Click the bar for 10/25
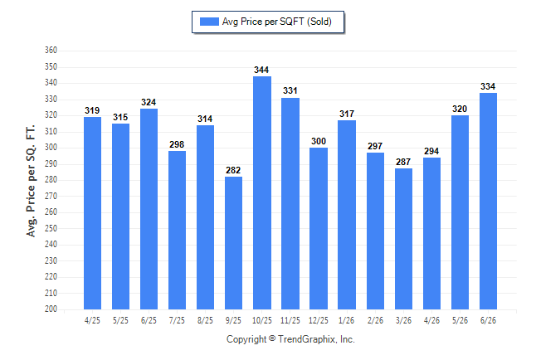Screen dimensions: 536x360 pyautogui.click(x=262, y=192)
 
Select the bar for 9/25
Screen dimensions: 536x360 pyautogui.click(x=233, y=243)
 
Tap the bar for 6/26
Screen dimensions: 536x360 pyautogui.click(x=488, y=201)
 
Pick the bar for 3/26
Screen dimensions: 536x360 pyautogui.click(x=403, y=239)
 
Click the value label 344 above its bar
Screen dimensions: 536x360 pyautogui.click(x=261, y=70)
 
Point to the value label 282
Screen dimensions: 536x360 pyautogui.click(x=233, y=170)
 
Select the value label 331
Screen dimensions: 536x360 pyautogui.click(x=290, y=90)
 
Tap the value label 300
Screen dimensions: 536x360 pyautogui.click(x=319, y=141)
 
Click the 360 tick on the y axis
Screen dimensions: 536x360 pyautogui.click(x=51, y=51)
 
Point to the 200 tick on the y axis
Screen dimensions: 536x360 pyautogui.click(x=51, y=309)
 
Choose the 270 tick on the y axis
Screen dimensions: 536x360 pyautogui.click(x=51, y=196)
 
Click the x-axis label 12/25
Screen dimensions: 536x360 pyautogui.click(x=319, y=320)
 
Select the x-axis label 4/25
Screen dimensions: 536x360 pyautogui.click(x=92, y=320)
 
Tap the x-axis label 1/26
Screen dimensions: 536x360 pyautogui.click(x=347, y=320)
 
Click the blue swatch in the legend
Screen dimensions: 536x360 pyautogui.click(x=209, y=22)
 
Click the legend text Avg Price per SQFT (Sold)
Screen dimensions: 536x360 pyautogui.click(x=277, y=22)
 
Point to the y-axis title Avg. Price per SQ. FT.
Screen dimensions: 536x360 pyautogui.click(x=31, y=181)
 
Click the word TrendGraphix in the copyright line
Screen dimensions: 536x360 pyautogui.click(x=307, y=339)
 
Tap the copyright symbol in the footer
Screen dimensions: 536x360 pyautogui.click(x=272, y=338)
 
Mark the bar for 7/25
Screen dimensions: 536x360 pyautogui.click(x=177, y=230)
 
